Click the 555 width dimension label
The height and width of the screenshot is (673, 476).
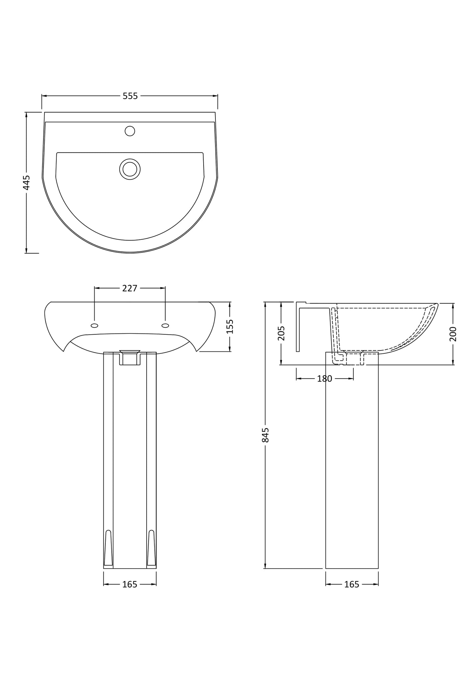click(x=130, y=96)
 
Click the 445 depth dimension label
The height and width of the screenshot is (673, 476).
click(x=26, y=182)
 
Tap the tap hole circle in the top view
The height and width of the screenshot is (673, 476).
click(x=130, y=131)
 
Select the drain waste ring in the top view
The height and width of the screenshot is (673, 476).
click(x=130, y=169)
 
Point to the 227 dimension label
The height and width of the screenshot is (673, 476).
click(x=130, y=288)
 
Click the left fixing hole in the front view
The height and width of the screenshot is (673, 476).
click(x=94, y=325)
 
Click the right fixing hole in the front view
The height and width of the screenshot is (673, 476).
click(x=165, y=325)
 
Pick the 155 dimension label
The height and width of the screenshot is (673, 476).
click(x=230, y=326)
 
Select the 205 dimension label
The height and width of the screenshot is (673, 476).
click(x=281, y=333)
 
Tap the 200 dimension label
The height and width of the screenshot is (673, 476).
click(x=453, y=334)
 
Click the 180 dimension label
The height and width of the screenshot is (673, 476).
click(x=324, y=379)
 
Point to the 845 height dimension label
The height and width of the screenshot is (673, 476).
click(x=265, y=435)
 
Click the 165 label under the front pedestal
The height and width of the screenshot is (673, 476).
click(x=130, y=584)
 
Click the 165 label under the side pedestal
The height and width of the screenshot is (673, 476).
click(x=351, y=584)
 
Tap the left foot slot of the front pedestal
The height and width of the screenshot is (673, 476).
click(x=108, y=548)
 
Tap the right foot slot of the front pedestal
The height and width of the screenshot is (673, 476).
click(x=151, y=548)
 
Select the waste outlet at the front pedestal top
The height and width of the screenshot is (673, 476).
click(x=130, y=358)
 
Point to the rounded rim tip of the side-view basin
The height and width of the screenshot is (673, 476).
click(x=436, y=305)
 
